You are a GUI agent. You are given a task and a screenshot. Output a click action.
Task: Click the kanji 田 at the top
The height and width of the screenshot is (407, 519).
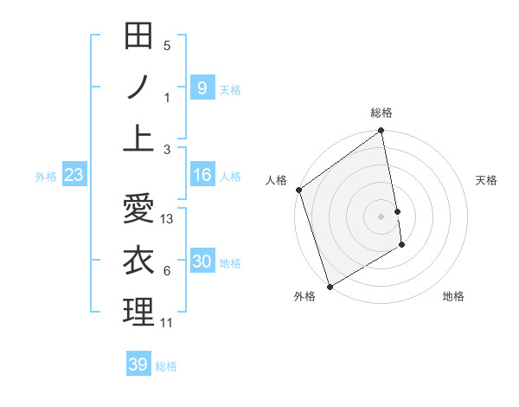(x=138, y=36)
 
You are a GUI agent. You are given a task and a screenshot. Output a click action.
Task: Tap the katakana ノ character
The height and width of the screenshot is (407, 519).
(x=138, y=87)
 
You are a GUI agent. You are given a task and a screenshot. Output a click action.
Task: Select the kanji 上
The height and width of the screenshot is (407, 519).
(x=138, y=139)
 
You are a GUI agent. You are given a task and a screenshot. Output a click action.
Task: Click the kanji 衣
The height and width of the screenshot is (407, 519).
(x=138, y=260)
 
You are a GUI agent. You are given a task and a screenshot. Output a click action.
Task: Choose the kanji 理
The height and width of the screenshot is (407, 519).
(x=138, y=312)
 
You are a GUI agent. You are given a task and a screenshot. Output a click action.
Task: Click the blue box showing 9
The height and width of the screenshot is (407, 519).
(x=202, y=88)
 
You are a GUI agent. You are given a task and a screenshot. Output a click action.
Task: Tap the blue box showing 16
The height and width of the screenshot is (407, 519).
(x=202, y=176)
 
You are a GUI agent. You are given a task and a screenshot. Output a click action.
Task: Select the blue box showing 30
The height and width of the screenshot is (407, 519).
(x=202, y=262)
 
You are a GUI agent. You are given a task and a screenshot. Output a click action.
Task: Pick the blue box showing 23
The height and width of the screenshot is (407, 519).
(x=74, y=176)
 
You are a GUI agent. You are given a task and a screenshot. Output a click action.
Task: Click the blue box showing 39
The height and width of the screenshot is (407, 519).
(x=138, y=365)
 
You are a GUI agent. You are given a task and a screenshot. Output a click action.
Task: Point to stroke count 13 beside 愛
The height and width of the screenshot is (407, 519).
(x=168, y=219)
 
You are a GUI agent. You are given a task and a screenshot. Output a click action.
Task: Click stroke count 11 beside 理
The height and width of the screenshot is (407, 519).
(x=167, y=323)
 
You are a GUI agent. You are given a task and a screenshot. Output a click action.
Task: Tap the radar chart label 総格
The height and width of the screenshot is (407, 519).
(x=381, y=113)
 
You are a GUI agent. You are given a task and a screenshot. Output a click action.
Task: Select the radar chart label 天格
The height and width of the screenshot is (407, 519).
(x=487, y=180)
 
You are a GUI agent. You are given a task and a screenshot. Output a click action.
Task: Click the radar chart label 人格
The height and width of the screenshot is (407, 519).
(x=276, y=180)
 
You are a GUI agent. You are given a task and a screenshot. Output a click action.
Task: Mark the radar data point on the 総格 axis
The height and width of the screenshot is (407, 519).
(x=381, y=132)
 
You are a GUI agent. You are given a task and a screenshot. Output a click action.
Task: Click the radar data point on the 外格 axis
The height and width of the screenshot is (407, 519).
(x=330, y=286)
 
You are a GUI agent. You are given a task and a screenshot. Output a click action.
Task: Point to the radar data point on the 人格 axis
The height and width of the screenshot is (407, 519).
(x=299, y=190)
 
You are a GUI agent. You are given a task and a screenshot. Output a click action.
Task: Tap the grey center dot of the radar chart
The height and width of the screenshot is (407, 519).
(x=381, y=216)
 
